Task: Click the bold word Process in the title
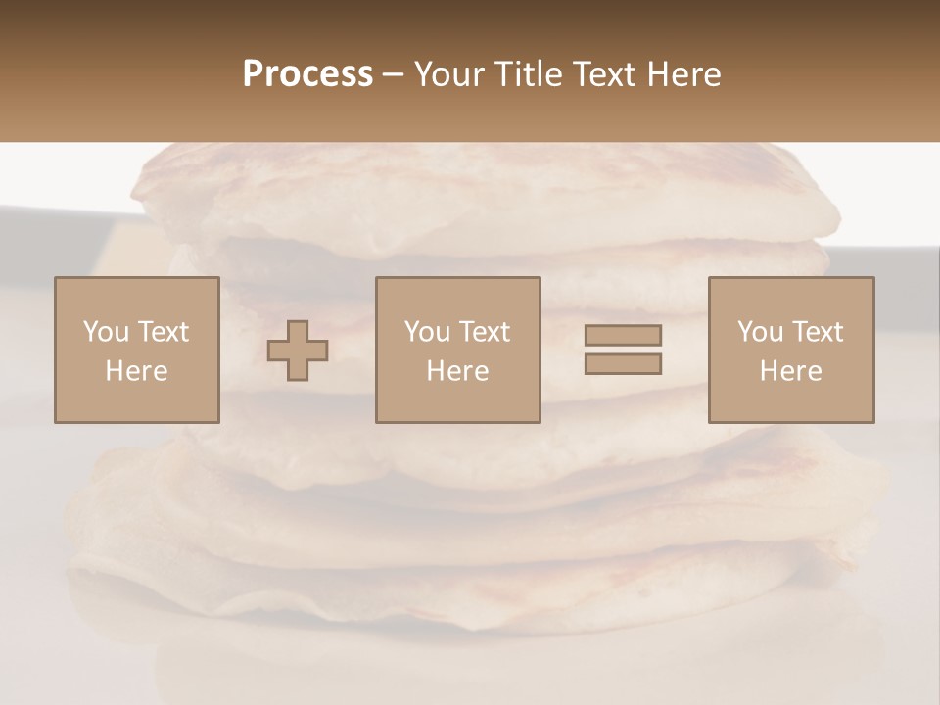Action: point(307,74)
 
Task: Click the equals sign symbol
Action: point(623,350)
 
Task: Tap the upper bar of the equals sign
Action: point(623,335)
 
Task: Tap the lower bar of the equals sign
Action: point(623,364)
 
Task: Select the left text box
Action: point(137,350)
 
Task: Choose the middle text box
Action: point(457,350)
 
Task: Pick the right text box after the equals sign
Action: point(790,350)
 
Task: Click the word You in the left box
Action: point(105,332)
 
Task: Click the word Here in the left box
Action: point(136,371)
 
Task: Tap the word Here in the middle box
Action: point(457,371)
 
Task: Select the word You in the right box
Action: point(759,332)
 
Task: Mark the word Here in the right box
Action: point(790,371)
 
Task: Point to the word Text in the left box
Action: point(164,332)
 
